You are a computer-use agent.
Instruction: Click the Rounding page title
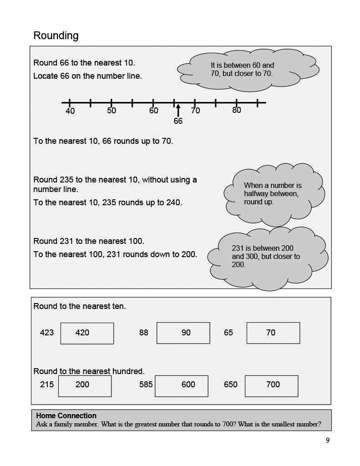click(x=56, y=35)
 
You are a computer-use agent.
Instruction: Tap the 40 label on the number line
click(x=70, y=111)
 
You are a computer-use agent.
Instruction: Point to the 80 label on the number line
click(x=237, y=110)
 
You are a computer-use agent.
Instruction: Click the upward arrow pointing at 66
click(x=178, y=110)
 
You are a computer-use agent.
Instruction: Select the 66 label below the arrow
click(x=178, y=121)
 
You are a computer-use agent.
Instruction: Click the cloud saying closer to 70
click(x=239, y=69)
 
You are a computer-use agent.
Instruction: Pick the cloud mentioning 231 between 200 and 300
click(x=267, y=257)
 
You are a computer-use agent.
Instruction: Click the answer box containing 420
click(x=87, y=333)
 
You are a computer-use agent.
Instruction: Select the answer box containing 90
click(x=183, y=333)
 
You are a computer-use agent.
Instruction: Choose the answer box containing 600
click(x=182, y=385)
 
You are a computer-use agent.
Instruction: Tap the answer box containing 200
click(x=85, y=385)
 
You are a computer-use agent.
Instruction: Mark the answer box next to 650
click(x=271, y=385)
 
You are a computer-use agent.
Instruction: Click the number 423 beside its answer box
click(x=47, y=333)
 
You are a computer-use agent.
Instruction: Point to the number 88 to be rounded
click(x=144, y=333)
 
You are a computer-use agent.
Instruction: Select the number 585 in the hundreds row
click(x=146, y=385)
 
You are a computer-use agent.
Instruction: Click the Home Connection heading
click(x=66, y=415)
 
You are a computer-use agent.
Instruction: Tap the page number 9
click(x=328, y=440)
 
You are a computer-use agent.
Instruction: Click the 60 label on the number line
click(x=154, y=111)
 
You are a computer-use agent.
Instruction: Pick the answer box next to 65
click(x=273, y=333)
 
